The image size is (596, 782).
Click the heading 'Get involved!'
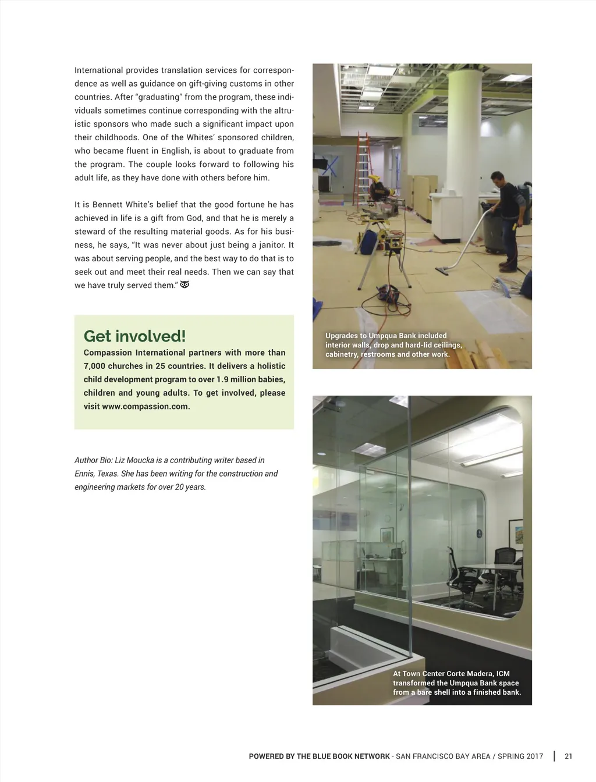(134, 336)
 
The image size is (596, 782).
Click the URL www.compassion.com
(146, 406)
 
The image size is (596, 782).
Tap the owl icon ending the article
(185, 285)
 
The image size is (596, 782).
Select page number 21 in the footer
(569, 756)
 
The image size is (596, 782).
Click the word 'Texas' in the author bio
(107, 474)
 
